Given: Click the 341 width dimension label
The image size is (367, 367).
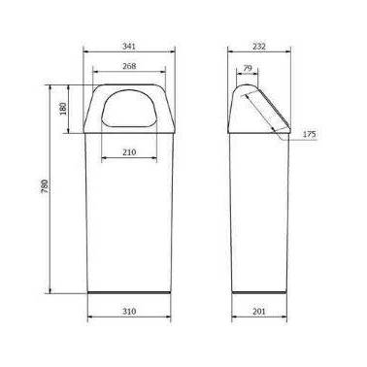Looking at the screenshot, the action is (129, 47).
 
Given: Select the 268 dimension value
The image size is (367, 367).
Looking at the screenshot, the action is (129, 66).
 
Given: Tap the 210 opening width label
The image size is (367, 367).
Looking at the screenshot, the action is (129, 151).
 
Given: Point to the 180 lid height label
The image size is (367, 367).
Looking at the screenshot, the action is (63, 109).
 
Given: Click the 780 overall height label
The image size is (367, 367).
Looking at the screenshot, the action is (45, 186).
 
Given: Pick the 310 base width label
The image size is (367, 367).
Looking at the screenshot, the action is (129, 312).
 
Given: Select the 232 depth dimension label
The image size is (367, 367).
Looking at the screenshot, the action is (259, 47).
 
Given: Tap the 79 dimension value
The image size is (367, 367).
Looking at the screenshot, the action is (248, 68).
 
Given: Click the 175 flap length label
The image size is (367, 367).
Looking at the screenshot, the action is (309, 134).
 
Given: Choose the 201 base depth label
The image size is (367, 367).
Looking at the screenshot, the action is (259, 312).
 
